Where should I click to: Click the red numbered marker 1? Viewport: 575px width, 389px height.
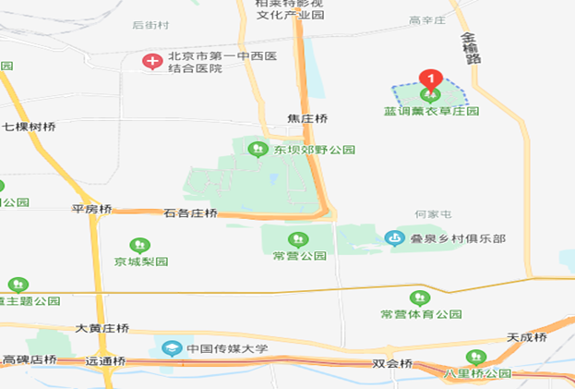(x=431, y=79)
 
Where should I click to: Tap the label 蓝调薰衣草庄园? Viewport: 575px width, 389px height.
(x=432, y=111)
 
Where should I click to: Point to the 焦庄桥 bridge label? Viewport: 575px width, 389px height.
(x=307, y=119)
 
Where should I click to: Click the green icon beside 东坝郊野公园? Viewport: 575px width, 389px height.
(x=257, y=149)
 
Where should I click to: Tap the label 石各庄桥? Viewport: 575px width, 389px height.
(x=191, y=213)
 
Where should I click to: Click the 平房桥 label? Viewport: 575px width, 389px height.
(x=91, y=209)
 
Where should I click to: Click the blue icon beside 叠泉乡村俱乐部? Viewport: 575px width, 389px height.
(x=395, y=238)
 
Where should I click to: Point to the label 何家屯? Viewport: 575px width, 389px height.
(x=433, y=214)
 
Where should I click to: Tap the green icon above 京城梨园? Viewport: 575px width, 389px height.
(x=141, y=246)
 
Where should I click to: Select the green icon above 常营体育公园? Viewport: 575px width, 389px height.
(x=420, y=298)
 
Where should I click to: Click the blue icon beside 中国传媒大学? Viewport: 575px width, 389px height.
(x=172, y=348)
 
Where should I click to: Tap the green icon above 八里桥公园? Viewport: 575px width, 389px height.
(x=477, y=358)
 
